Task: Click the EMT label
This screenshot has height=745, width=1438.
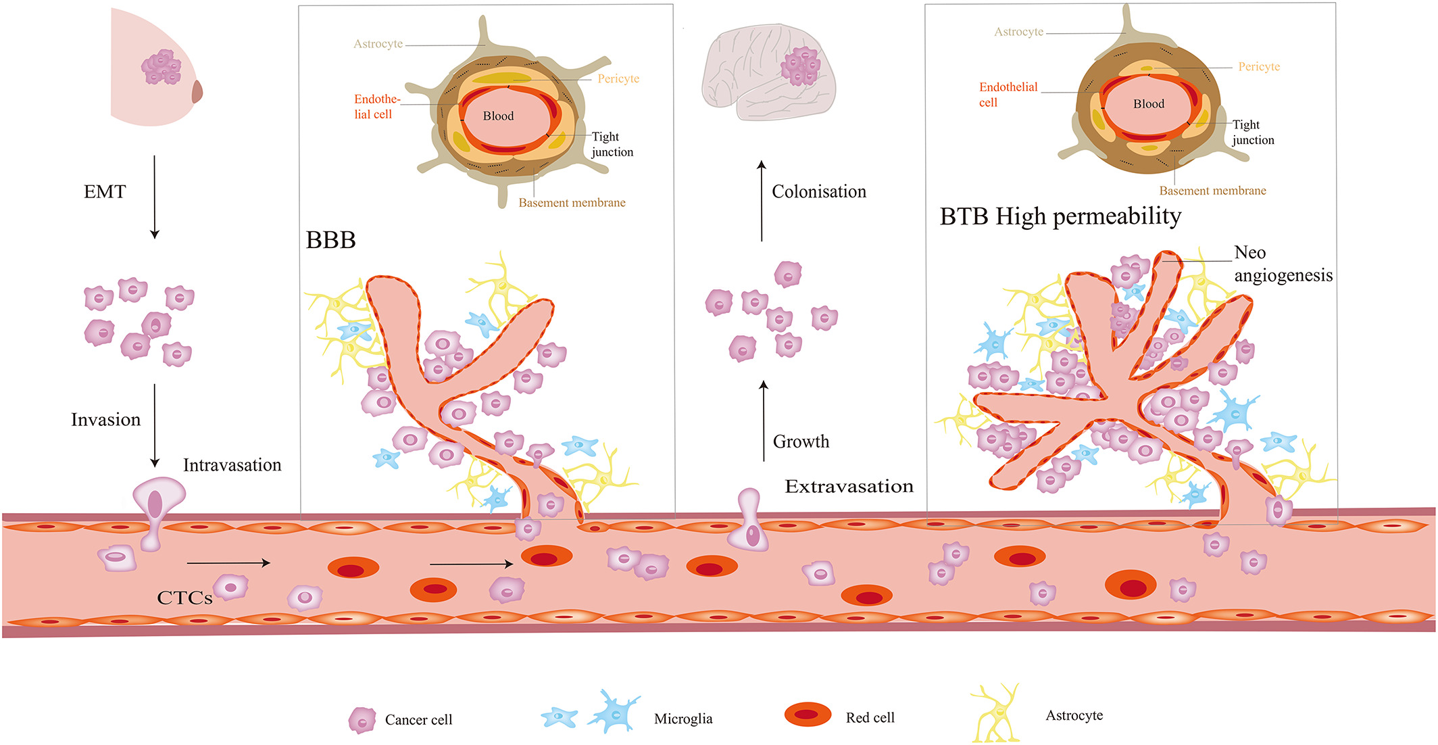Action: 105,192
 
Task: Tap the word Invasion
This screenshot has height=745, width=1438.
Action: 106,420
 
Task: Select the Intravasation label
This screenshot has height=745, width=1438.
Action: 232,465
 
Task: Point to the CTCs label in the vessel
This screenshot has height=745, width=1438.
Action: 184,598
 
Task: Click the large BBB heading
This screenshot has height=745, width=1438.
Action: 330,240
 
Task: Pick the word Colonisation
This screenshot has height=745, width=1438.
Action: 818,192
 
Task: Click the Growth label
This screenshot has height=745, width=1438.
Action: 801,441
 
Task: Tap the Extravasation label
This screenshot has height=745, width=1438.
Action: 849,486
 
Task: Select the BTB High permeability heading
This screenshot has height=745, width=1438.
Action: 1060,216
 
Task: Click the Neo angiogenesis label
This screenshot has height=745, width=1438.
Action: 1282,264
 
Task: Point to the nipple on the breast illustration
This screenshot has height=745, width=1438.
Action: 197,91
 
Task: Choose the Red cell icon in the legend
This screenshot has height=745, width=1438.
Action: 808,715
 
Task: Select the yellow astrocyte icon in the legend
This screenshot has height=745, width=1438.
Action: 996,714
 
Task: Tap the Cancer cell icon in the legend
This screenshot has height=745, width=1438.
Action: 362,721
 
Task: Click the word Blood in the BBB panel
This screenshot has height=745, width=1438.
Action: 498,116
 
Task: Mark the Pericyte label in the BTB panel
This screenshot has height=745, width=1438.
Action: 1259,66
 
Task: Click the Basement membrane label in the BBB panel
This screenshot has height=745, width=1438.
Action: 572,202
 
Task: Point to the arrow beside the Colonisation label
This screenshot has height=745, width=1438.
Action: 762,201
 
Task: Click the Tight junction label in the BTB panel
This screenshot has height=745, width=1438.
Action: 1253,133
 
